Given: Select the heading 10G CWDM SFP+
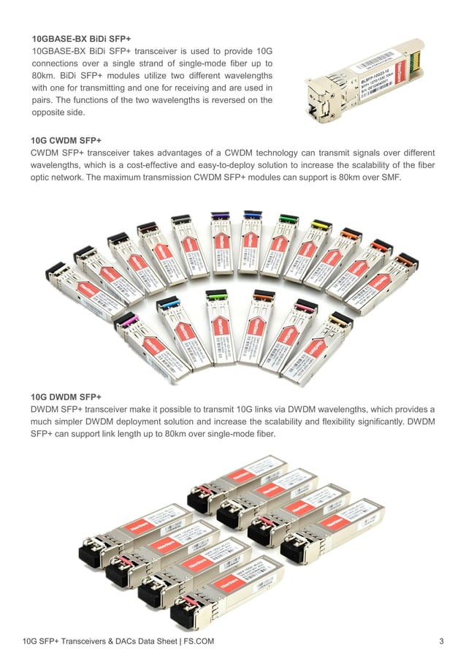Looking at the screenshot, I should [x=66, y=140].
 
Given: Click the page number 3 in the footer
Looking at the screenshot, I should [x=441, y=641].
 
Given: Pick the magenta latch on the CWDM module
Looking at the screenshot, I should [x=129, y=320].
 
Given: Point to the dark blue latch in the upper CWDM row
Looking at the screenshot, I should [x=253, y=215].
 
